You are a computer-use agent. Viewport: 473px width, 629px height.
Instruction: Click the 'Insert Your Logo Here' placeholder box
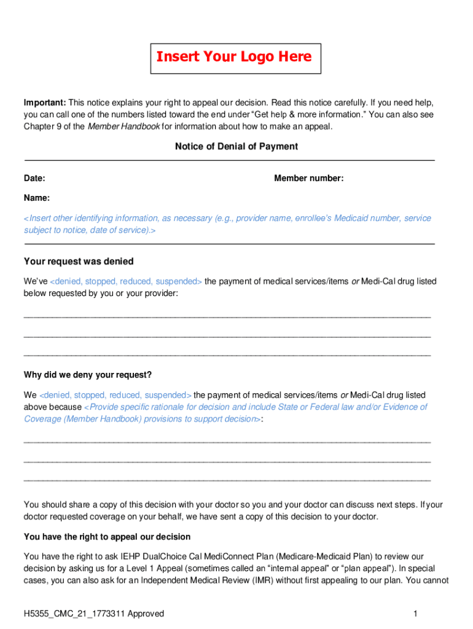coord(236,58)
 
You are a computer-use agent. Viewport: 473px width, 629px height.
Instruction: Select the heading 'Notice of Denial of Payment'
coord(236,146)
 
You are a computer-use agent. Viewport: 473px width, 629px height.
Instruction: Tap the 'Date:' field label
coord(34,178)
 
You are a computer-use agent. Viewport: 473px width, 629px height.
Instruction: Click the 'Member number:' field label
coord(308,178)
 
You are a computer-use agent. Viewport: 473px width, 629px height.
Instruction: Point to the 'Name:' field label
coord(37,198)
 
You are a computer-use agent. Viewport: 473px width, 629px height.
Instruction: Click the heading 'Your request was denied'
coord(79,262)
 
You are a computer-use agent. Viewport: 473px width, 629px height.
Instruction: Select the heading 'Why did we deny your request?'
coord(88,375)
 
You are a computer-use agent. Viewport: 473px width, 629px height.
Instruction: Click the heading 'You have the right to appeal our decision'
coord(107,536)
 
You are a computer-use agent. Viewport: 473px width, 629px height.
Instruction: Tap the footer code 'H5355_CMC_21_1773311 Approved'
coord(94,614)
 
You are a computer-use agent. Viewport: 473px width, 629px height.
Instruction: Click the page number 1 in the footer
coord(416,614)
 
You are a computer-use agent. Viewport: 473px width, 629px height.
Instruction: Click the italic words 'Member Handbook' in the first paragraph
coord(123,127)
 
